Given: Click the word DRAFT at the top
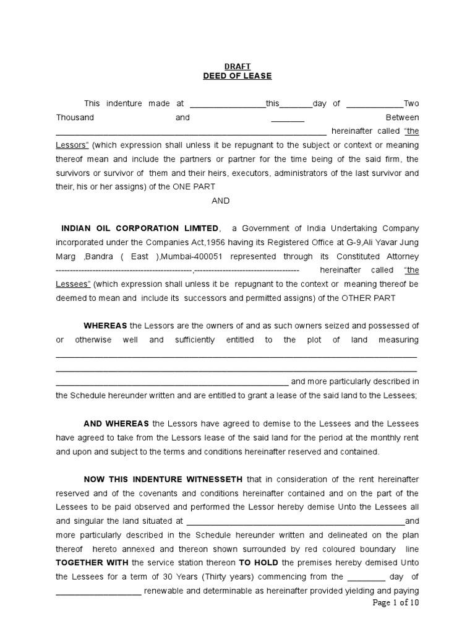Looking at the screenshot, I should [237, 66].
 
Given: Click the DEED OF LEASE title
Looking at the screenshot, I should [237, 76].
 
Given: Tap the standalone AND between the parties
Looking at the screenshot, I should [221, 201].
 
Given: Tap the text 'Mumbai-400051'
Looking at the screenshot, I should [189, 256].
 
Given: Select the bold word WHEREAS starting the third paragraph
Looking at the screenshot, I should [105, 326].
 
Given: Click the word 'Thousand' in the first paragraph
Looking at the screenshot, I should [75, 118].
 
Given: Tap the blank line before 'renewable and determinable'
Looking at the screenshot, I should [98, 590].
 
